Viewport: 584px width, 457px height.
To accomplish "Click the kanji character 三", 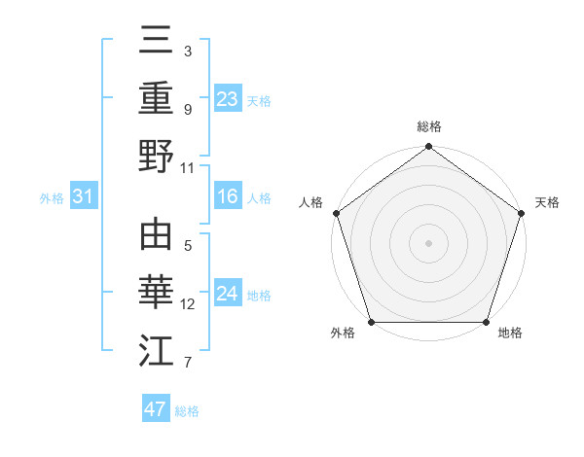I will [156, 40].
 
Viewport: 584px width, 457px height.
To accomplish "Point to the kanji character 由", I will [156, 236].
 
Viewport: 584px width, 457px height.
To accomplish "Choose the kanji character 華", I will [156, 294].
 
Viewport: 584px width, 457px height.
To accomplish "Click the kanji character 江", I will [156, 351].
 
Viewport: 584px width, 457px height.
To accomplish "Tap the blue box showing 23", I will [228, 99].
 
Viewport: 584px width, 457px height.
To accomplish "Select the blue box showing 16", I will [228, 197].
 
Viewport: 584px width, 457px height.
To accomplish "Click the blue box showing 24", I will [228, 294].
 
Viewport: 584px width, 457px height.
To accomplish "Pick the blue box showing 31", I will [83, 197].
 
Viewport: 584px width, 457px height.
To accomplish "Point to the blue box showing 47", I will [156, 409].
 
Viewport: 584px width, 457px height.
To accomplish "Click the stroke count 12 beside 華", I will [188, 304].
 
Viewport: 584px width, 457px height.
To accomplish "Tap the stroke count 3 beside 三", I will [188, 51].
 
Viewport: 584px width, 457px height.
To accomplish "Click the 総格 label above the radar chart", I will [429, 126].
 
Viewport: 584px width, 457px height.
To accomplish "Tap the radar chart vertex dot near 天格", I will [522, 213].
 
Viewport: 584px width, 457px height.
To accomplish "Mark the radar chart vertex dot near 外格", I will [371, 322].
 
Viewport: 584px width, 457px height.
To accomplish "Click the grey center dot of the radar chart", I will [428, 242].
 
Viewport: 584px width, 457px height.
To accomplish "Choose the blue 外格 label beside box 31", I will [52, 198].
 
